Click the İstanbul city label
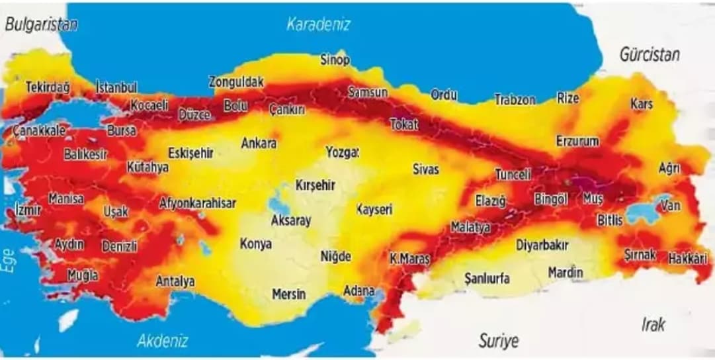pos(116,87)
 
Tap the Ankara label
pos(259,143)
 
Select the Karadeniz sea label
pos(318,24)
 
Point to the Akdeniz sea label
pos(163,341)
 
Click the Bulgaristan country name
pos(41,24)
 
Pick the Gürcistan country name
pos(649,54)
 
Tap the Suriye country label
pos(498,341)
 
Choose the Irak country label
pos(653,324)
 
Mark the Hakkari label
pos(687,258)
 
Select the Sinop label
pos(335,60)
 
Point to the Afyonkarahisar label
pos(197,203)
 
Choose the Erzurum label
pos(577,141)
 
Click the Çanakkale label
pos(39,130)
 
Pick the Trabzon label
pos(515,100)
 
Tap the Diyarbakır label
pos(542,245)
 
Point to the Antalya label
pos(175,281)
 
